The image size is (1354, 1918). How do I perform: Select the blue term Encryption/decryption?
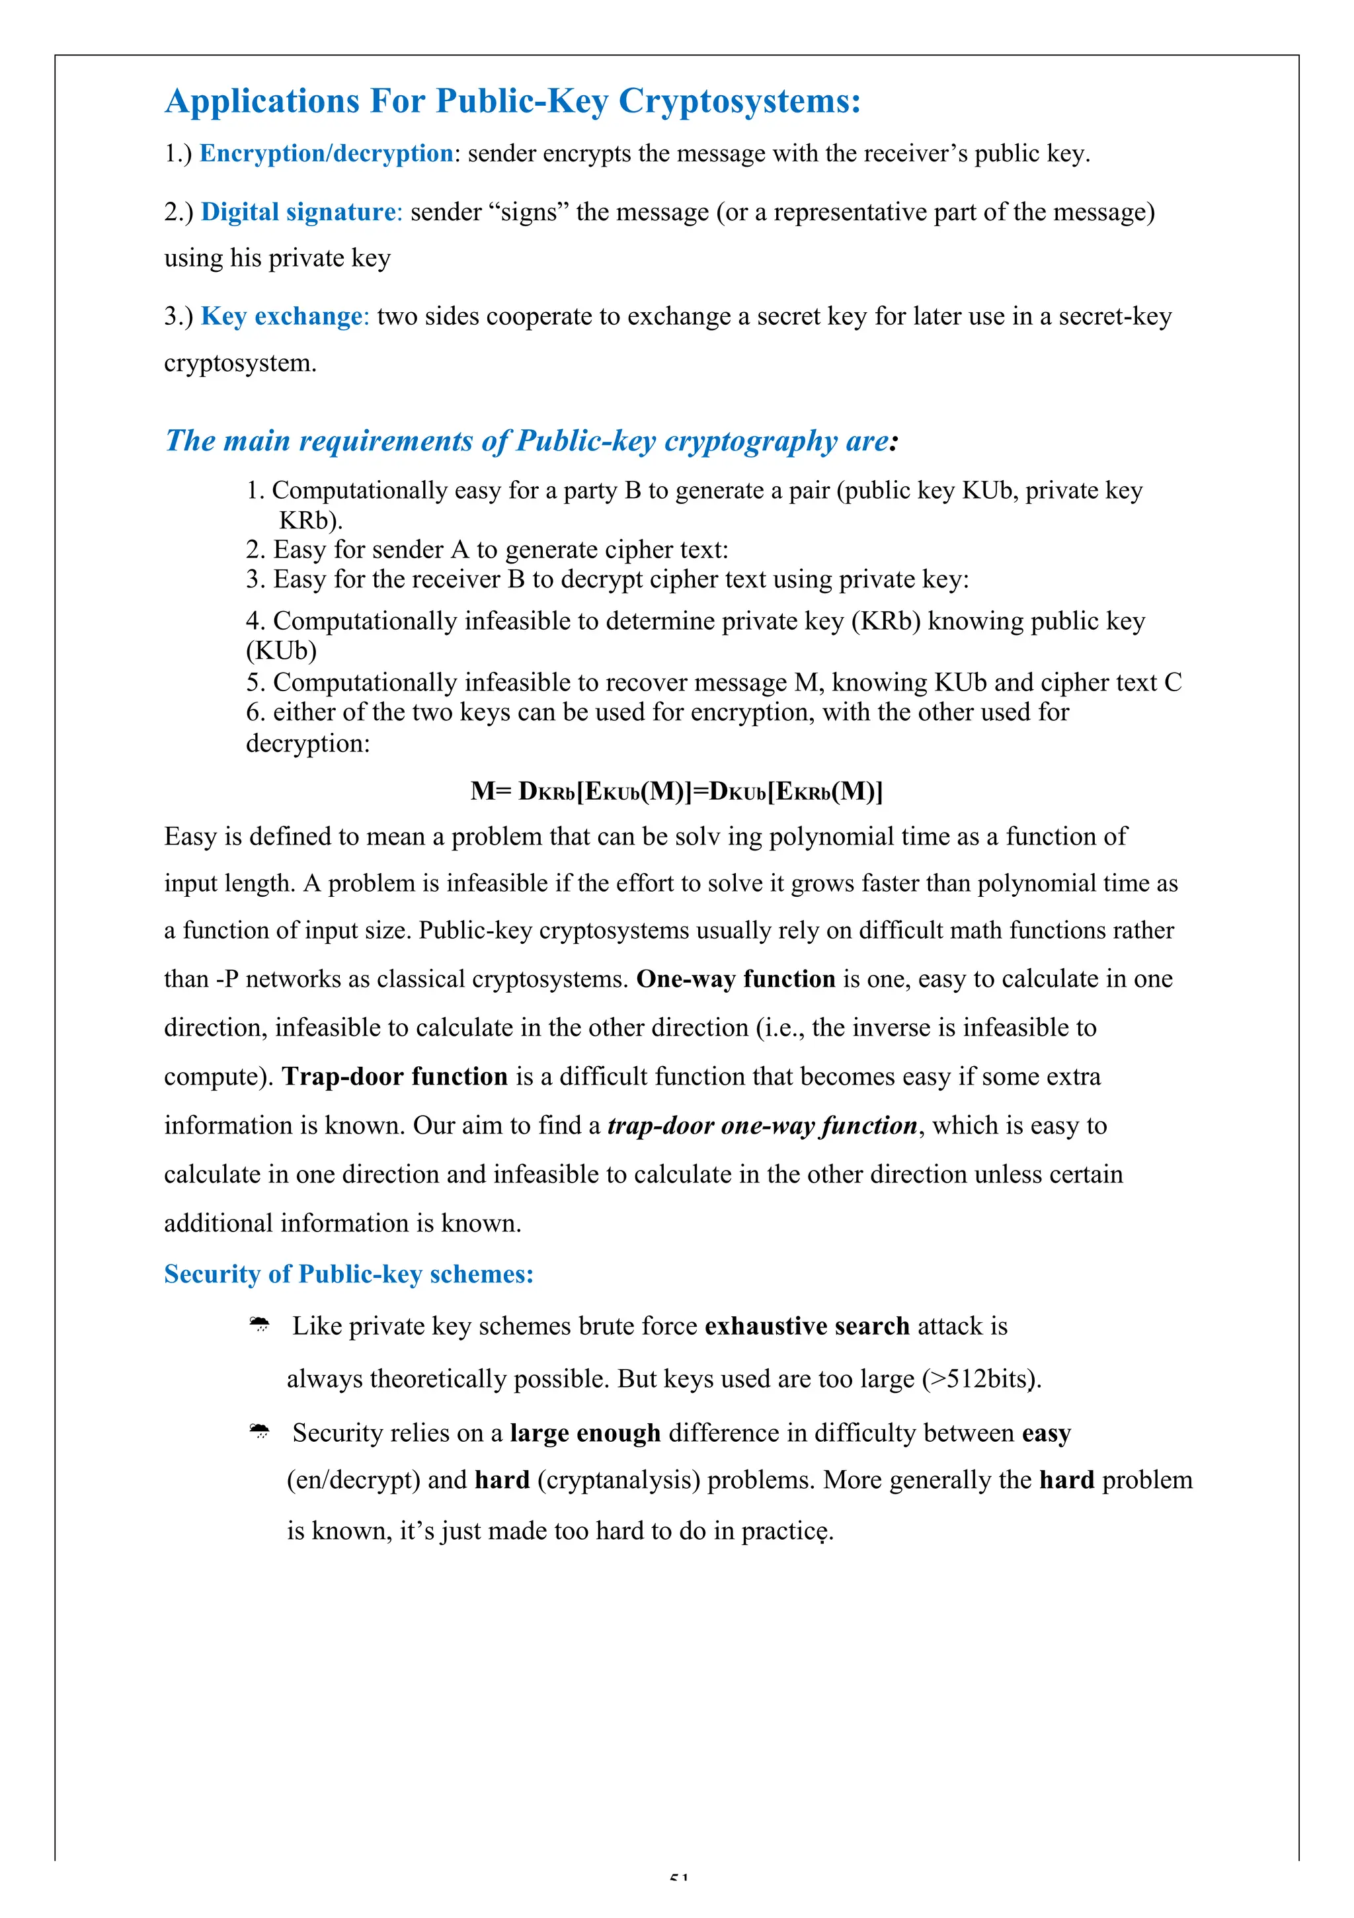tap(326, 153)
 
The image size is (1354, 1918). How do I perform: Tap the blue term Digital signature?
tap(298, 212)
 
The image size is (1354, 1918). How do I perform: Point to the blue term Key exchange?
tap(282, 317)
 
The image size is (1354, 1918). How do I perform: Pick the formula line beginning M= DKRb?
tap(676, 791)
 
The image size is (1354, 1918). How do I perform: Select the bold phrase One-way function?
tap(735, 979)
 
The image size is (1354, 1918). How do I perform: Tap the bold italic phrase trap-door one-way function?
tap(762, 1126)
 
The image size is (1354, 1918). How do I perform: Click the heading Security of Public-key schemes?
tap(348, 1274)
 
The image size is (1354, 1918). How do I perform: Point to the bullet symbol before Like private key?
tap(260, 1325)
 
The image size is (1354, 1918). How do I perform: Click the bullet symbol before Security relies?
tap(260, 1432)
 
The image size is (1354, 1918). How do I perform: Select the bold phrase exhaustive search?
tap(806, 1327)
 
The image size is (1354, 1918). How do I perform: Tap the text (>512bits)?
tap(982, 1379)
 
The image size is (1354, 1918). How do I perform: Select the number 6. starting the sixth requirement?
tap(255, 712)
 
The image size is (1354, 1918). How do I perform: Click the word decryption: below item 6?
tap(307, 743)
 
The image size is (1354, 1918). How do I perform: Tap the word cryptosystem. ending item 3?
tap(240, 363)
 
